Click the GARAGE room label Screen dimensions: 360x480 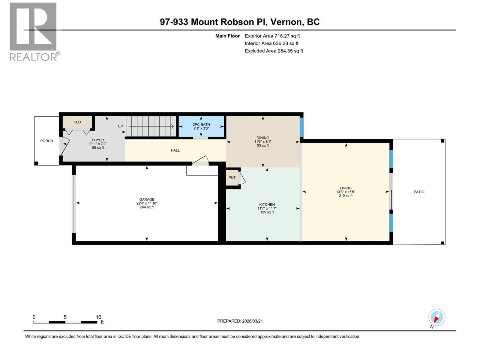pyautogui.click(x=147, y=199)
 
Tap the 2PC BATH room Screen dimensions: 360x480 pyautogui.click(x=201, y=126)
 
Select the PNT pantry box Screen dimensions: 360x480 pyautogui.click(x=232, y=178)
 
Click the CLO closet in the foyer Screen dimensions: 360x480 pyautogui.click(x=77, y=122)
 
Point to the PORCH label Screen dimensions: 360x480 pyautogui.click(x=46, y=141)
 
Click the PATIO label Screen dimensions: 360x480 pyautogui.click(x=419, y=192)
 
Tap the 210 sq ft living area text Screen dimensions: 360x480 pyautogui.click(x=346, y=196)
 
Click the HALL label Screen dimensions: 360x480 pyautogui.click(x=175, y=150)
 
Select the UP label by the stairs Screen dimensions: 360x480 pyautogui.click(x=120, y=126)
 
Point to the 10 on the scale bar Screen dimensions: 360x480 pyautogui.click(x=98, y=317)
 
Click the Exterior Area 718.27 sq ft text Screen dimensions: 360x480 pyautogui.click(x=272, y=36)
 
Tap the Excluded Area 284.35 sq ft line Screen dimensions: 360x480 pyautogui.click(x=274, y=51)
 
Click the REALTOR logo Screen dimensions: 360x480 pyautogui.click(x=34, y=31)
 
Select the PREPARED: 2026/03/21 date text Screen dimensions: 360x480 pyautogui.click(x=240, y=321)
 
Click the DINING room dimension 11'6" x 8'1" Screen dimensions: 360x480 pyautogui.click(x=263, y=142)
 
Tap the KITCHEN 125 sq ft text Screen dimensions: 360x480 pyautogui.click(x=267, y=212)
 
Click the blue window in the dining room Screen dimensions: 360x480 pyautogui.click(x=302, y=127)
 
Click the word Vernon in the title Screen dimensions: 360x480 pyautogui.click(x=286, y=22)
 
